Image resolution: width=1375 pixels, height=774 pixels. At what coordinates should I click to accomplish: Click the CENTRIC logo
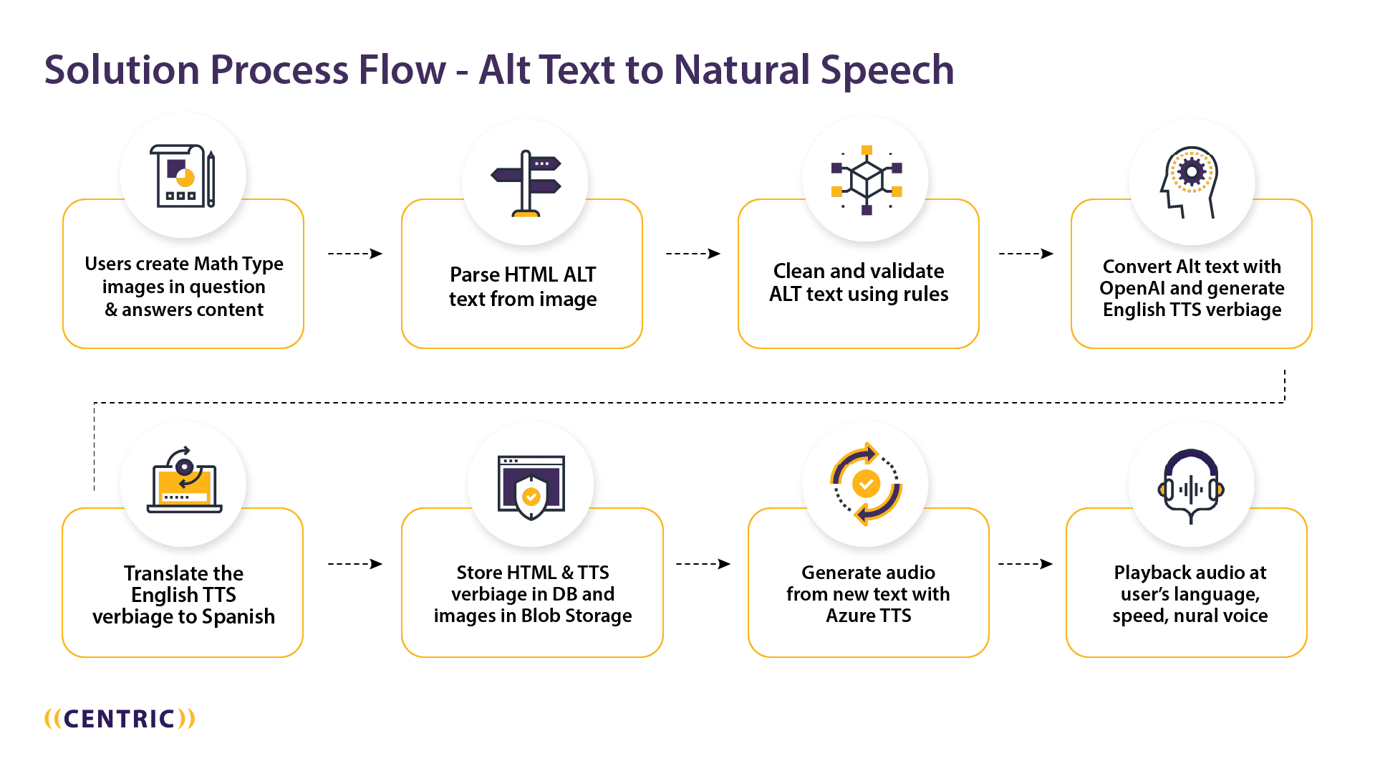(120, 719)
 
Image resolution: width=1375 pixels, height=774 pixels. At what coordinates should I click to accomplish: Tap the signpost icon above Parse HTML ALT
(526, 183)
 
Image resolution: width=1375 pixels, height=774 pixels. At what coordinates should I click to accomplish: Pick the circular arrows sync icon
(866, 484)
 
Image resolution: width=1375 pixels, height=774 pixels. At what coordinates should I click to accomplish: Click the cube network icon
(867, 180)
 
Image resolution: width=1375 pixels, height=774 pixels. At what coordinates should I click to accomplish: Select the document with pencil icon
(183, 176)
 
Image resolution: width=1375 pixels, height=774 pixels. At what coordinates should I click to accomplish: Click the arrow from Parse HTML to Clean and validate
(693, 254)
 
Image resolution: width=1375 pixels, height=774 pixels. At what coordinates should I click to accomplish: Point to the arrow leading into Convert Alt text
(1026, 254)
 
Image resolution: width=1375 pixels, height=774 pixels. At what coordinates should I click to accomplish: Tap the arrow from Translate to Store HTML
(354, 564)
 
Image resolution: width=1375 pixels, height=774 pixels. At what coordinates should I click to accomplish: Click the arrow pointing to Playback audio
(1025, 564)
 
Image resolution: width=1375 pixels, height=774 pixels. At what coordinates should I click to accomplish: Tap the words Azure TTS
(868, 616)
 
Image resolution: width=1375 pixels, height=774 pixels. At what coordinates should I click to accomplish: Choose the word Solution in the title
(122, 71)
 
